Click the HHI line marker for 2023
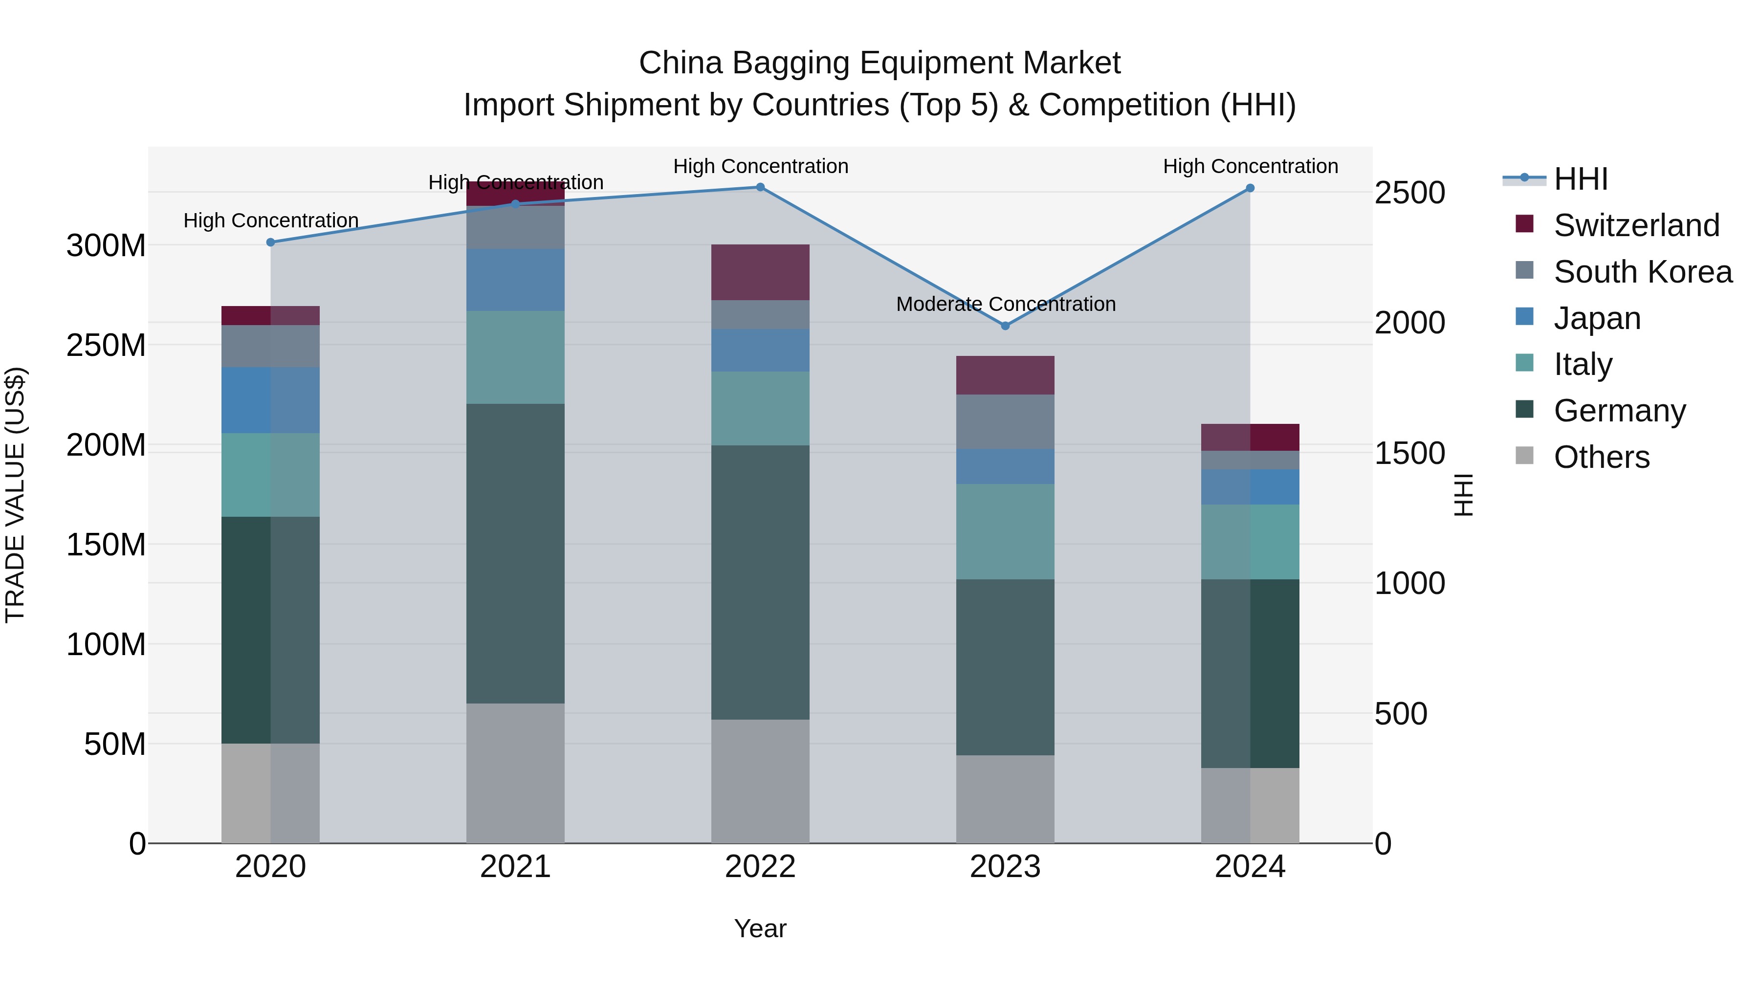(1005, 326)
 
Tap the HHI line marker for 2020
(270, 242)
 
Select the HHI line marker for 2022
(760, 187)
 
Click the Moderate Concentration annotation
(1006, 304)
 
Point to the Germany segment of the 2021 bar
(515, 553)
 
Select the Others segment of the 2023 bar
(1005, 799)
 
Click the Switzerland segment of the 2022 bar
(760, 272)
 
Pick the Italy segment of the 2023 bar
(1005, 531)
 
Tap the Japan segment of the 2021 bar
(515, 280)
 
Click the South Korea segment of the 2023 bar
(1005, 421)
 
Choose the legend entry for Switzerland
(1636, 225)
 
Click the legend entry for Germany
(1619, 411)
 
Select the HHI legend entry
(1580, 179)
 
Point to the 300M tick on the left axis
(106, 245)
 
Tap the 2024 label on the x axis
(1250, 867)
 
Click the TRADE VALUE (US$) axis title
(15, 495)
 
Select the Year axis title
(760, 928)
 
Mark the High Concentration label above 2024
(1250, 166)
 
